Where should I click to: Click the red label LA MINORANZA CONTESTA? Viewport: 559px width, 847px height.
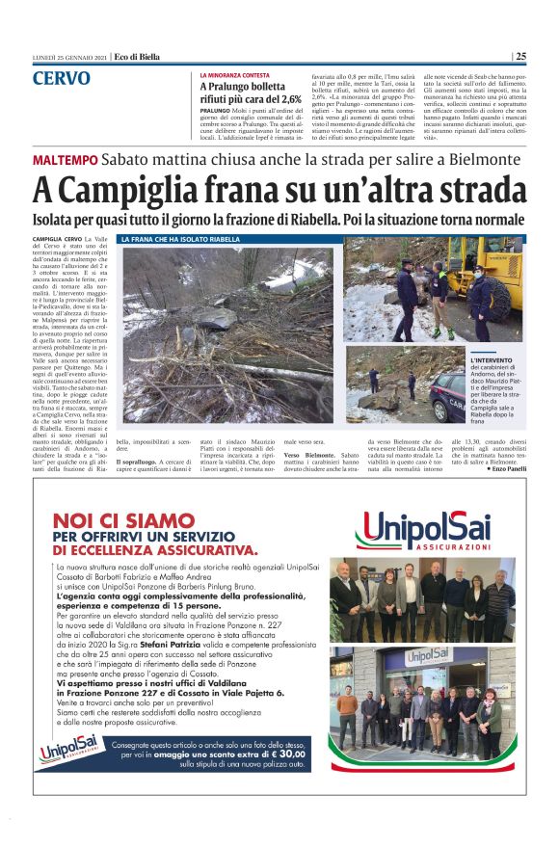pyautogui.click(x=235, y=74)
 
